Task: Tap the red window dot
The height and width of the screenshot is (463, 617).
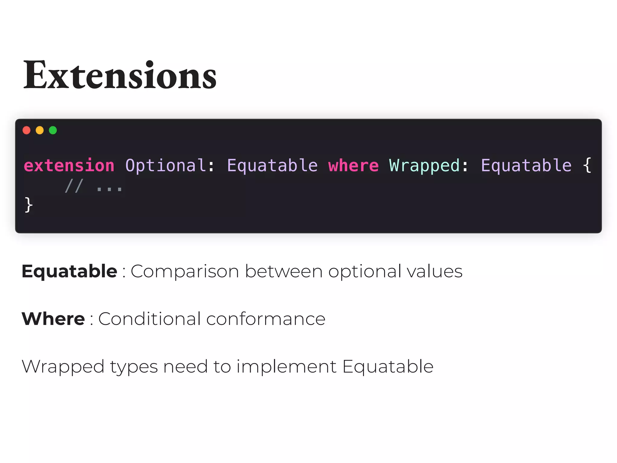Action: (x=27, y=130)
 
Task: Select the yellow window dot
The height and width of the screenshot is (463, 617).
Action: (x=40, y=130)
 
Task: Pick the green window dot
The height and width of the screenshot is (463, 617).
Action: (x=53, y=130)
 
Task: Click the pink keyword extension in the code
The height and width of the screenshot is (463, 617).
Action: (x=69, y=165)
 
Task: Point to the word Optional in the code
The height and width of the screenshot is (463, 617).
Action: (x=166, y=165)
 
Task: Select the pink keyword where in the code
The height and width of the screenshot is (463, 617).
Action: (x=353, y=165)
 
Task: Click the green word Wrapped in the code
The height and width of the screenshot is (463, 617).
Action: (x=424, y=165)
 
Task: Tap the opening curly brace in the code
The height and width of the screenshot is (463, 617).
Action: (x=587, y=165)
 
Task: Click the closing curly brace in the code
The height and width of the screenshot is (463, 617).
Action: (x=29, y=205)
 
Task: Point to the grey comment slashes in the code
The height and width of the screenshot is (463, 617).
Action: (x=74, y=186)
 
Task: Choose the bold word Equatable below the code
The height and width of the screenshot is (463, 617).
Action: (x=69, y=271)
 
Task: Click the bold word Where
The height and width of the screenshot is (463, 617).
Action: (x=53, y=319)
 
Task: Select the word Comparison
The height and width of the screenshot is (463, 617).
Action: (x=185, y=271)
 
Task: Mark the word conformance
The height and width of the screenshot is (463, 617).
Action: (x=266, y=319)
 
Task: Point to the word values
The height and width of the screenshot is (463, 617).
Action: (x=434, y=271)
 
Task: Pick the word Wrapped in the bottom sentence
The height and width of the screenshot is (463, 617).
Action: (x=63, y=367)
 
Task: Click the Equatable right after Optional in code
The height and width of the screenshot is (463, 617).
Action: (x=272, y=165)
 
